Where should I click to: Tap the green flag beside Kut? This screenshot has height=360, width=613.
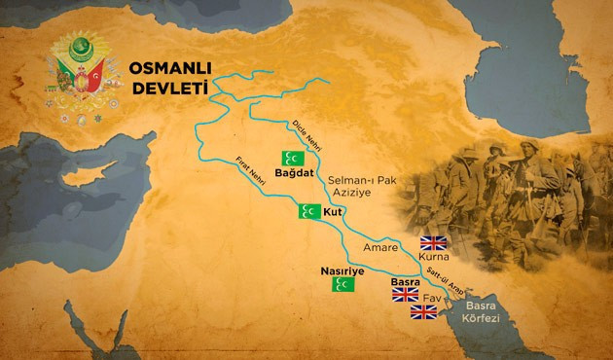(309, 211)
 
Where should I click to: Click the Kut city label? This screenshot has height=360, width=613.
(336, 211)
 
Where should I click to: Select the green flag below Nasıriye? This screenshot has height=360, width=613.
(343, 284)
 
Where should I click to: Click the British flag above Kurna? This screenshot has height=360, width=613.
(431, 243)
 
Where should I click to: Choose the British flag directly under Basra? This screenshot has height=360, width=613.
(405, 294)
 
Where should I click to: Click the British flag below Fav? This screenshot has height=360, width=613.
(424, 311)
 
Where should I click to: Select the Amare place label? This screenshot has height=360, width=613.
(379, 248)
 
